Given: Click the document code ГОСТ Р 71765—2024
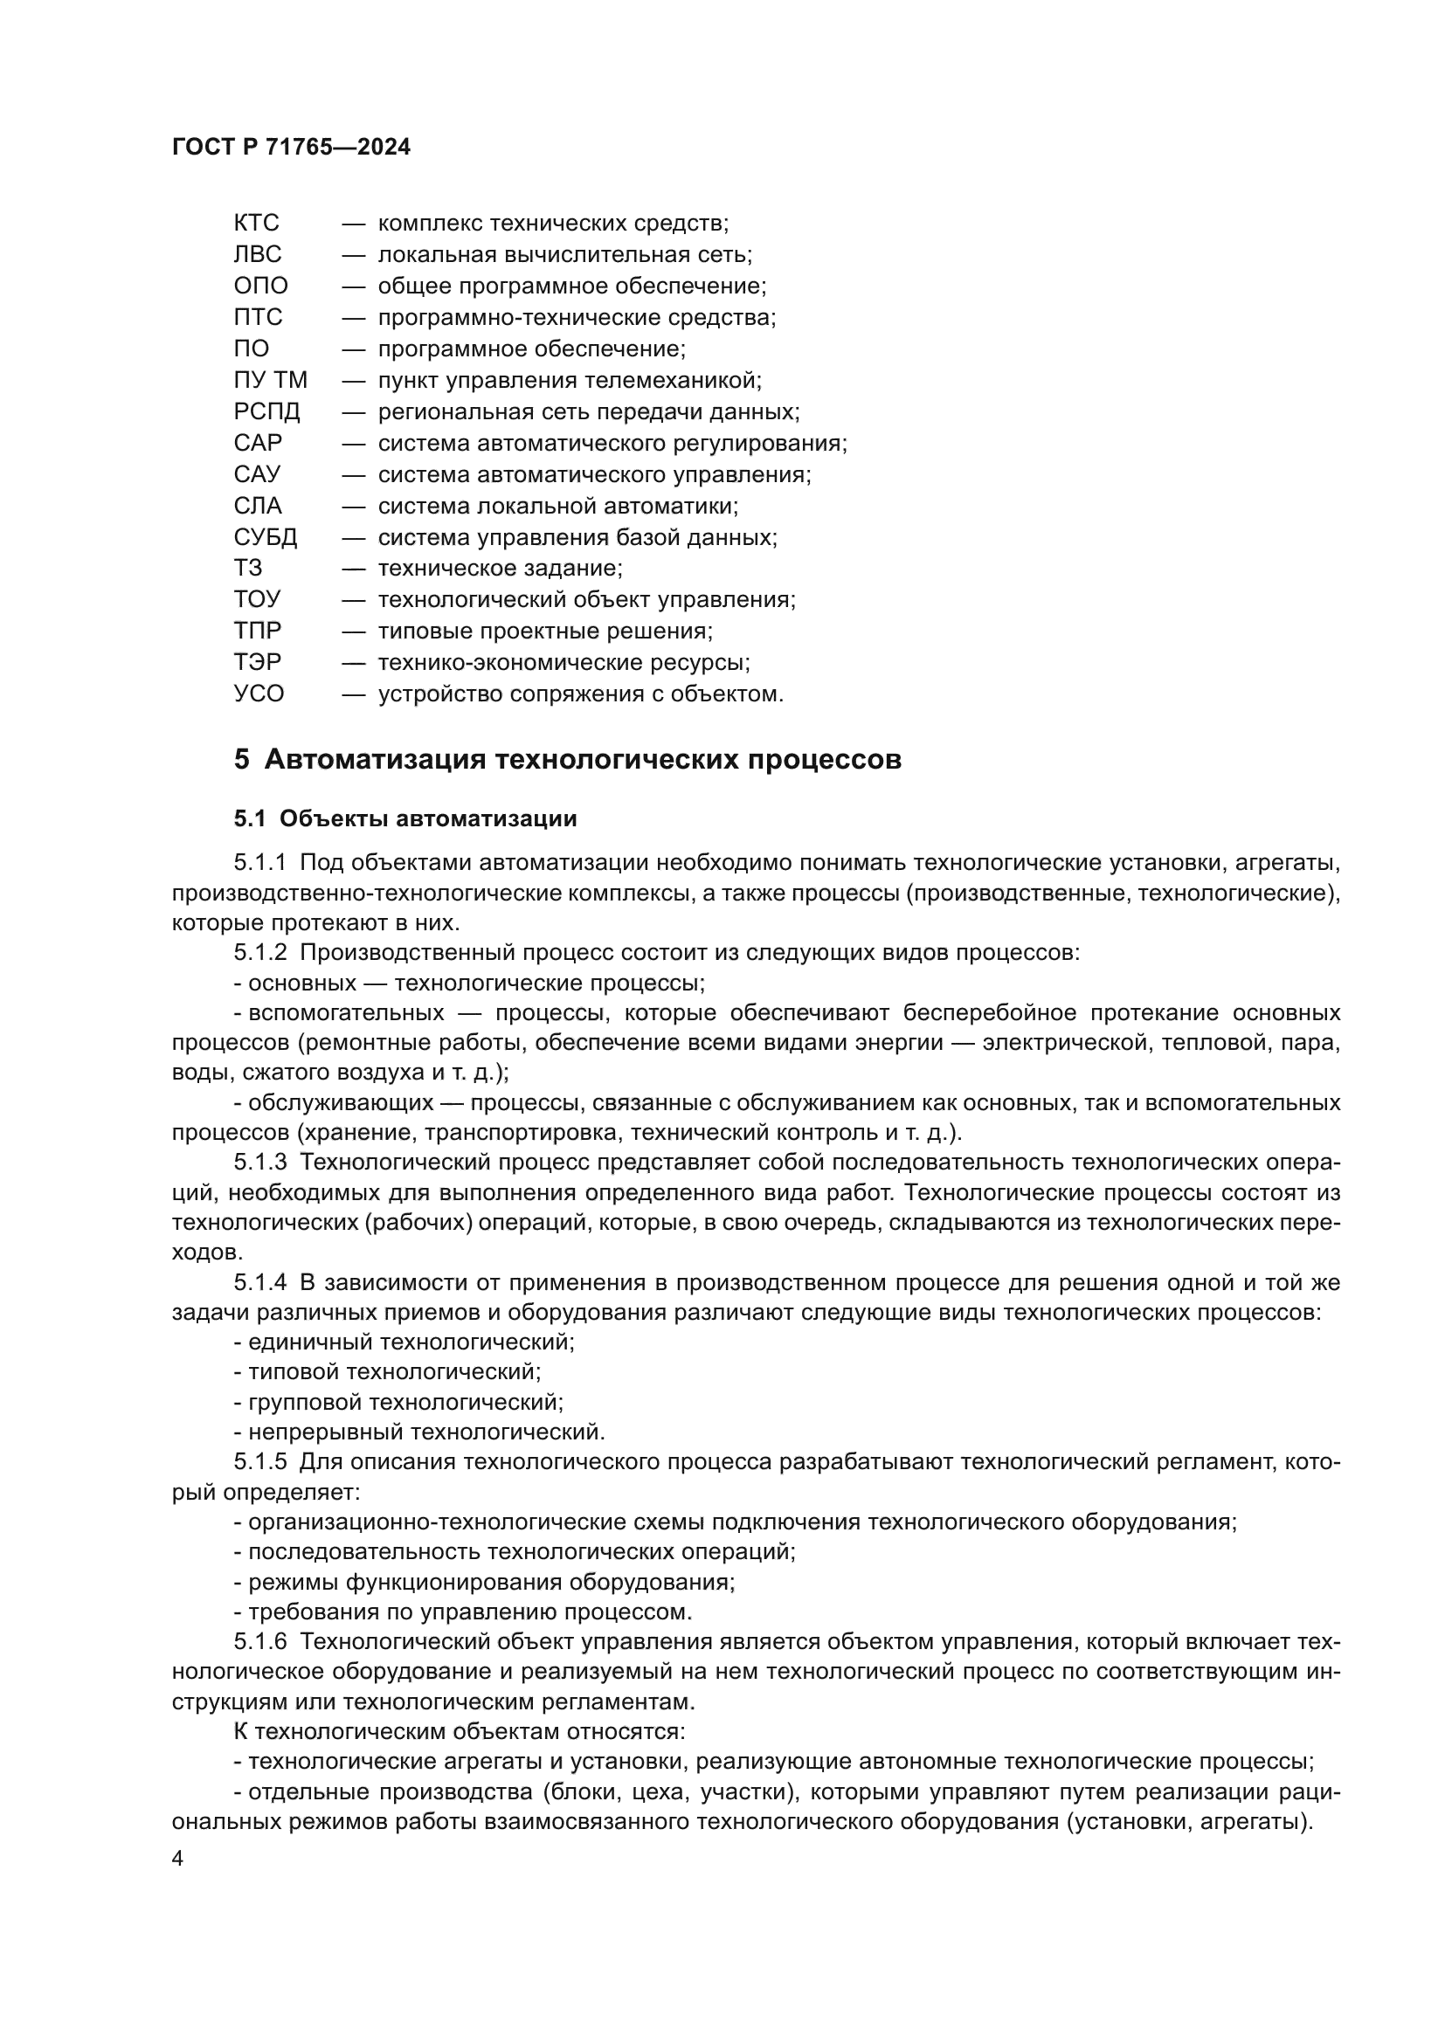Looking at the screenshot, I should click(x=291, y=148).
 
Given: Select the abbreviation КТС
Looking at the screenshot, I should click(x=256, y=223).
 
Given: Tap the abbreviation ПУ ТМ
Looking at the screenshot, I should click(x=271, y=380).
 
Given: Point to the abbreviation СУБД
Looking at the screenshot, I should click(x=266, y=537).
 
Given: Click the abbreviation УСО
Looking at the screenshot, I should click(x=259, y=694).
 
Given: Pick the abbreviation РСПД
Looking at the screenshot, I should click(x=267, y=412).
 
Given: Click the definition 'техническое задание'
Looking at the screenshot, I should click(x=500, y=569).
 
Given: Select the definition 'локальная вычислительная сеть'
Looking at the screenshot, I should click(x=565, y=254).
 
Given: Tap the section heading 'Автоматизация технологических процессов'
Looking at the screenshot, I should click(x=583, y=760).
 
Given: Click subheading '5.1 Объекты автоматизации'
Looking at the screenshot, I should click(x=405, y=818).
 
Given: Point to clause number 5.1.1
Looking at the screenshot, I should click(x=260, y=862).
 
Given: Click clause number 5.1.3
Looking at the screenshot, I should click(x=260, y=1163).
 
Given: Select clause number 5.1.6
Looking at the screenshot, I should click(x=260, y=1642).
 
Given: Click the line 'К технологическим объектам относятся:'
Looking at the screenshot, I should click(x=460, y=1731).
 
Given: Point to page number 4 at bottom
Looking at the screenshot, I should click(x=178, y=1859).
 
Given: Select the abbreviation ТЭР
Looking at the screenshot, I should click(x=257, y=663).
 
